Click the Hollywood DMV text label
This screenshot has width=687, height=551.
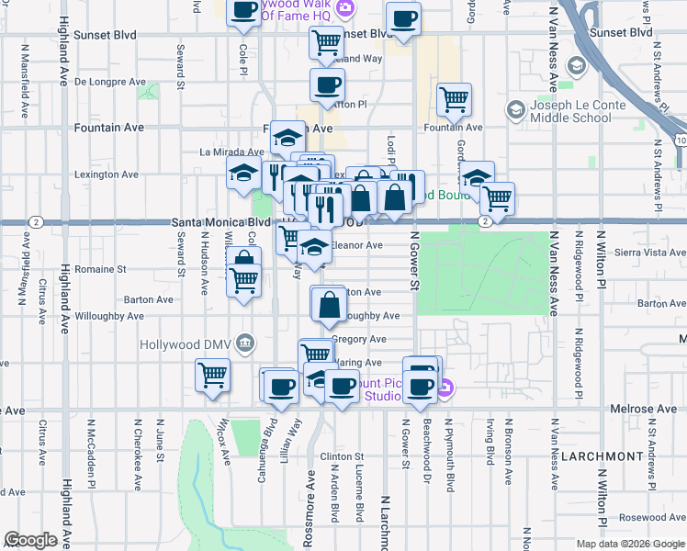pyautogui.click(x=186, y=344)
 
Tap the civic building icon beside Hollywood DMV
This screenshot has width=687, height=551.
pyautogui.click(x=244, y=343)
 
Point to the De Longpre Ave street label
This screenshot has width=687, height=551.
pyautogui.click(x=110, y=82)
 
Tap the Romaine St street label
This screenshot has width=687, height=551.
pyautogui.click(x=100, y=270)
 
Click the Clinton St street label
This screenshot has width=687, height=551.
pyautogui.click(x=342, y=456)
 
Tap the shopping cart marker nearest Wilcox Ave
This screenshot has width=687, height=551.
pyautogui.click(x=212, y=375)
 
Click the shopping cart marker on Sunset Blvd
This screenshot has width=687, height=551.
pyautogui.click(x=326, y=41)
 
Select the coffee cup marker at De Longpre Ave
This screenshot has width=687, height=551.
pyautogui.click(x=327, y=85)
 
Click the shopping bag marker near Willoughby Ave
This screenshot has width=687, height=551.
pyautogui.click(x=329, y=302)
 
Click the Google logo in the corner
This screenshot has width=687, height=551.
pyautogui.click(x=30, y=540)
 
